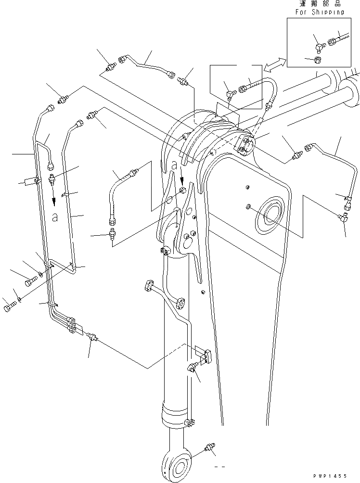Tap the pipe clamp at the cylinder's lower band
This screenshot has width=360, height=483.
190,422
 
